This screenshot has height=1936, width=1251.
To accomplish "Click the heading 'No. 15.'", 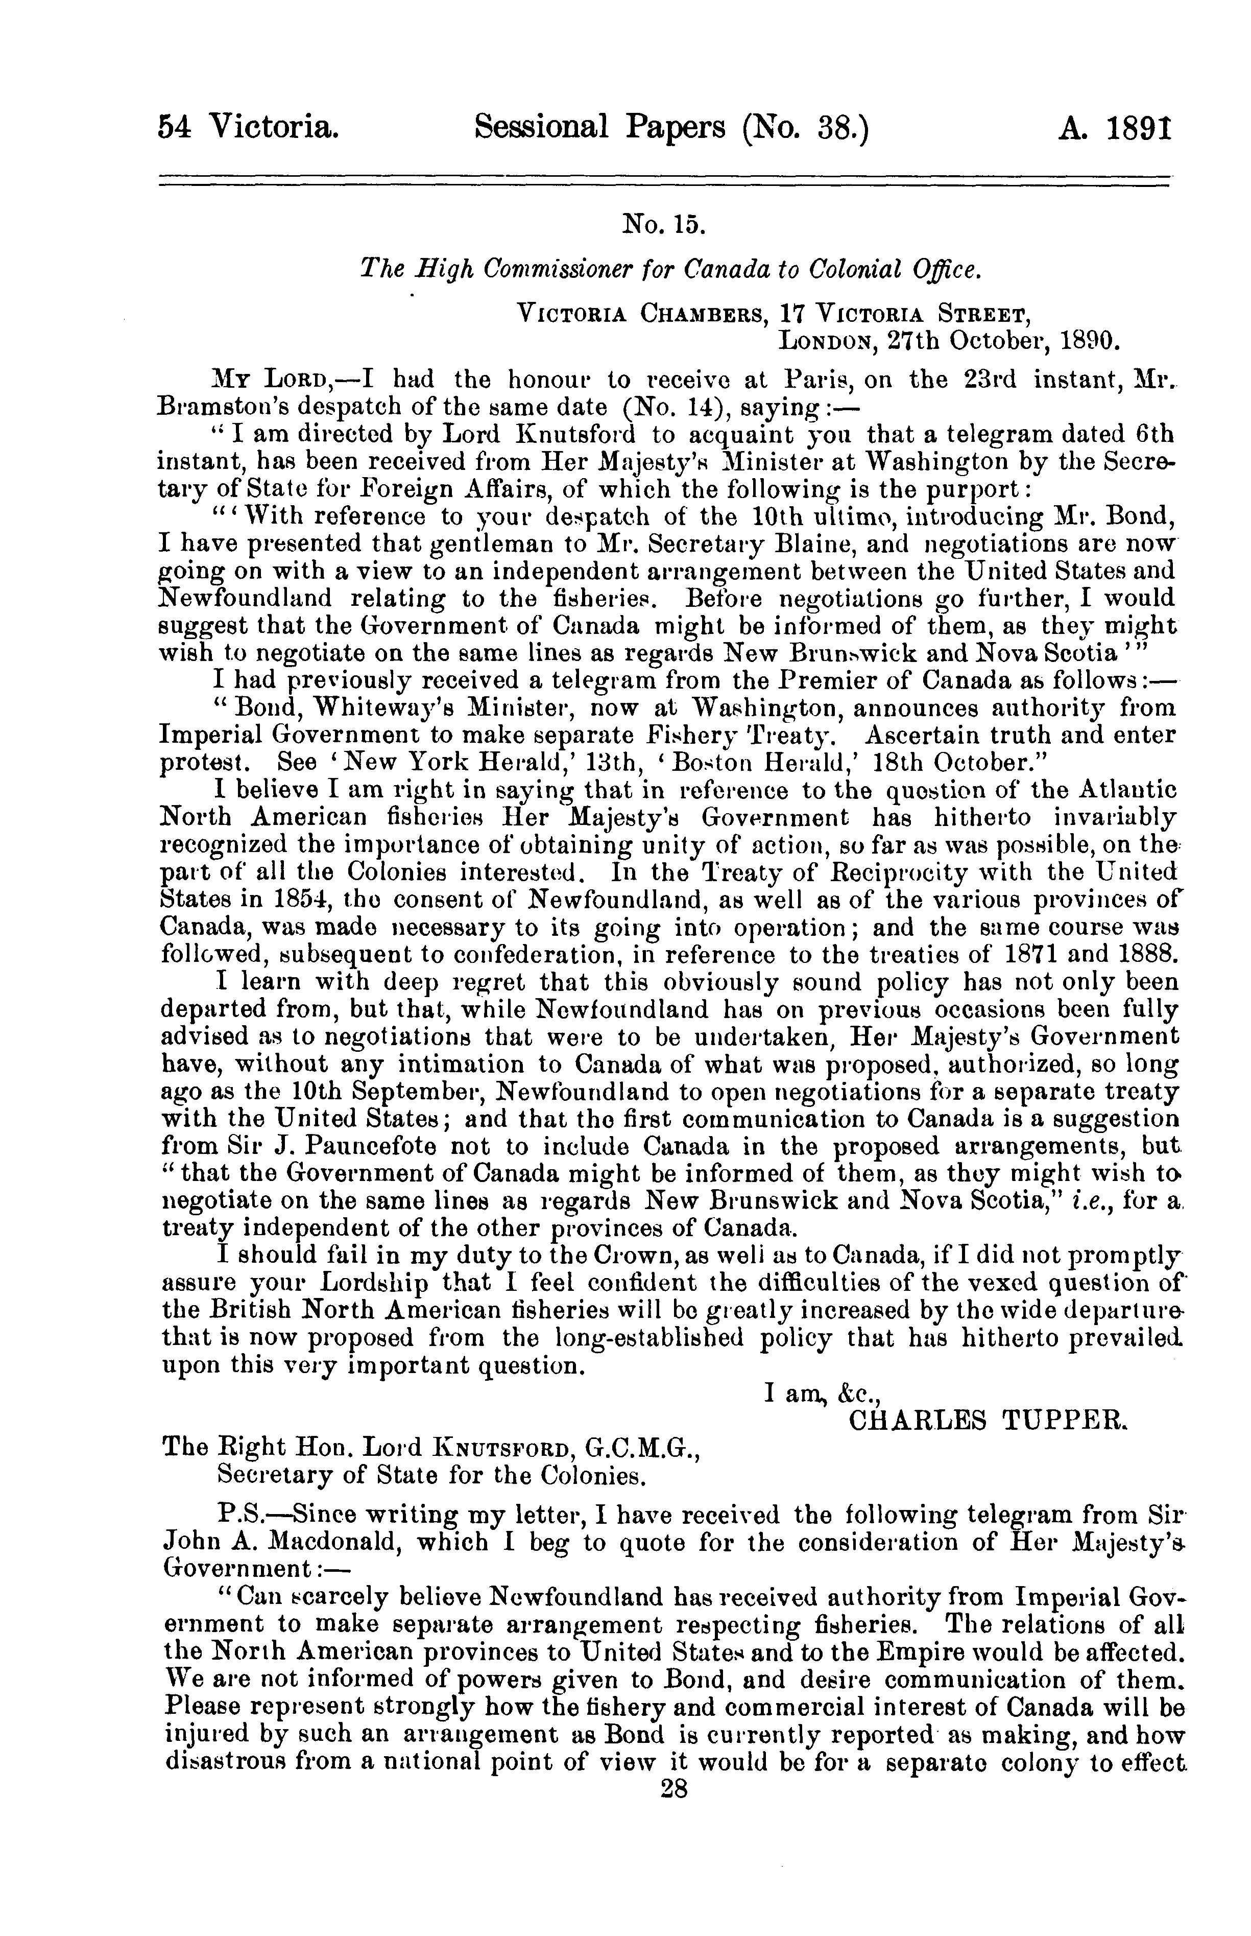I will [x=663, y=223].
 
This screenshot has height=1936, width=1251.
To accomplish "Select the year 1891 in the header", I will [x=1141, y=128].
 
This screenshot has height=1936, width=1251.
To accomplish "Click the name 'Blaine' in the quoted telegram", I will [x=804, y=544].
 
